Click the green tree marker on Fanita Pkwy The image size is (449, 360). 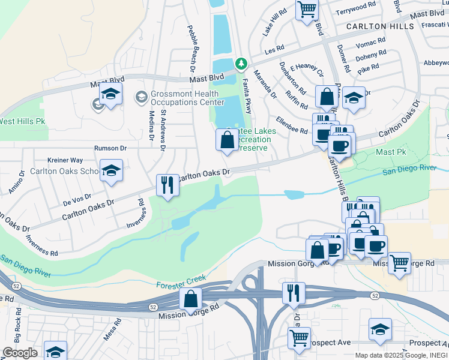pyautogui.click(x=241, y=63)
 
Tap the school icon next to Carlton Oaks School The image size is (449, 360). pyautogui.click(x=111, y=171)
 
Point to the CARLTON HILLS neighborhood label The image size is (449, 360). pyautogui.click(x=379, y=27)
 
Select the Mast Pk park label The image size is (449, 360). pyautogui.click(x=391, y=152)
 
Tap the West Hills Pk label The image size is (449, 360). pyautogui.click(x=22, y=121)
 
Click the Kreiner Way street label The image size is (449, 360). pyautogui.click(x=65, y=160)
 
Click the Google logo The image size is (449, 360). pyautogui.click(x=19, y=353)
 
